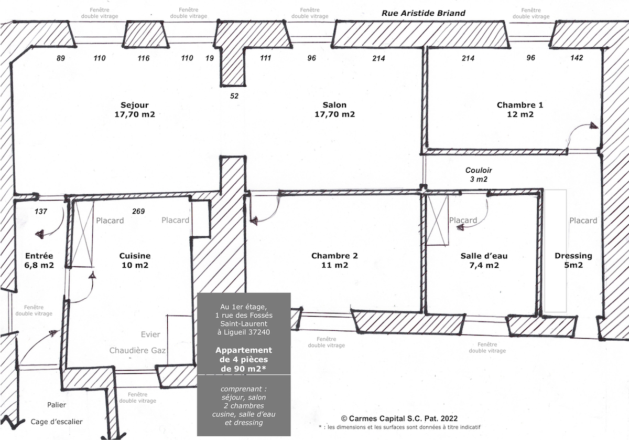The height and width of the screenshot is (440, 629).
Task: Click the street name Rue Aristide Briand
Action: (x=423, y=13)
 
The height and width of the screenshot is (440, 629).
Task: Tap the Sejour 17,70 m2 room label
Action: (x=135, y=110)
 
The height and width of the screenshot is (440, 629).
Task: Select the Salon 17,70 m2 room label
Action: (x=334, y=110)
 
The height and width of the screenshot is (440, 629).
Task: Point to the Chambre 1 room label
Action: (x=520, y=110)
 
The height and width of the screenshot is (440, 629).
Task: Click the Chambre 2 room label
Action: (x=334, y=260)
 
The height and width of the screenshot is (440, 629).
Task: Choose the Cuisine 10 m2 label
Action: (x=135, y=260)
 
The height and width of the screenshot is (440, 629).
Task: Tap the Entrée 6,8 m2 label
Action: (x=39, y=260)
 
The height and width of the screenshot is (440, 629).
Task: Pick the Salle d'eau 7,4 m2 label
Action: (x=484, y=260)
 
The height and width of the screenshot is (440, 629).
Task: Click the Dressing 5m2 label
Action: (x=573, y=260)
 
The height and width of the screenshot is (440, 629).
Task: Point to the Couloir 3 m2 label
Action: (x=479, y=175)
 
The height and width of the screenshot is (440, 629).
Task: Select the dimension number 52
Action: (x=234, y=96)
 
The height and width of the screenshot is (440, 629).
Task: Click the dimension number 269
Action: (x=138, y=211)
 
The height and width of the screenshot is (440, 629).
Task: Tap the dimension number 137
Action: (x=41, y=212)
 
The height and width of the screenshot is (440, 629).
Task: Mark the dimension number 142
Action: (x=577, y=58)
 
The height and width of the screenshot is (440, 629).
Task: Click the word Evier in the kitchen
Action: (x=150, y=334)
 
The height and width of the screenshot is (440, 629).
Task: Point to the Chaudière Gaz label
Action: (x=137, y=351)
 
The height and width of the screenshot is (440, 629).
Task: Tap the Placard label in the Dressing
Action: (x=583, y=221)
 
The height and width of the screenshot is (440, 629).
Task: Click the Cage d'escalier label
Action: (x=57, y=422)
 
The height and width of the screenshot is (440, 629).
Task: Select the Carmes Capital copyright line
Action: (x=399, y=418)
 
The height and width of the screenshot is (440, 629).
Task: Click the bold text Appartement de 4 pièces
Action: (x=244, y=355)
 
